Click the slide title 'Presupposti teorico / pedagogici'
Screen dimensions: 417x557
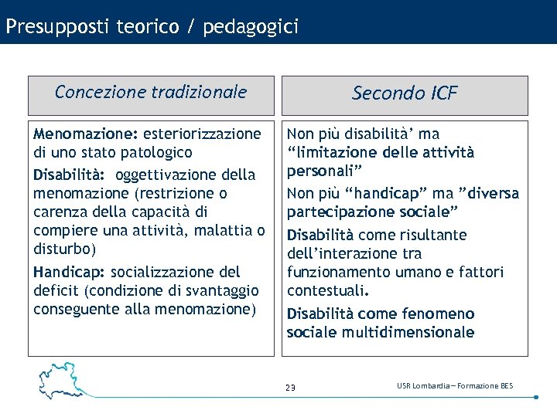point(151,27)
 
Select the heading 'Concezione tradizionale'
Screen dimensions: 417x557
point(151,93)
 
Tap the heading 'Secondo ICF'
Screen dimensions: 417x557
point(405,93)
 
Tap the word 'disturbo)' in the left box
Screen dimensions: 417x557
point(63,249)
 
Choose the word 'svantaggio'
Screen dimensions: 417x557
point(220,290)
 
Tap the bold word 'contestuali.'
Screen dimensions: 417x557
point(328,290)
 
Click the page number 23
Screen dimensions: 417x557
point(290,388)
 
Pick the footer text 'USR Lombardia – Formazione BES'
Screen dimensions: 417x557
point(455,386)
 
